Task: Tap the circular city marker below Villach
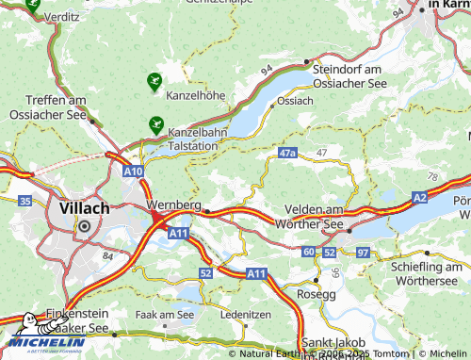85,226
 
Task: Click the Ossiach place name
294,100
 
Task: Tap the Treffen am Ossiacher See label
43,109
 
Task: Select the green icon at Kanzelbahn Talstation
154,123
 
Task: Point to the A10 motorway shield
133,171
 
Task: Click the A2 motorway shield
419,198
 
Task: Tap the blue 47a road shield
288,152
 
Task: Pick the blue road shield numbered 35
24,201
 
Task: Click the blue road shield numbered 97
364,253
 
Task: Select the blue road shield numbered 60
309,253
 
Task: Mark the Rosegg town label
316,294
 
